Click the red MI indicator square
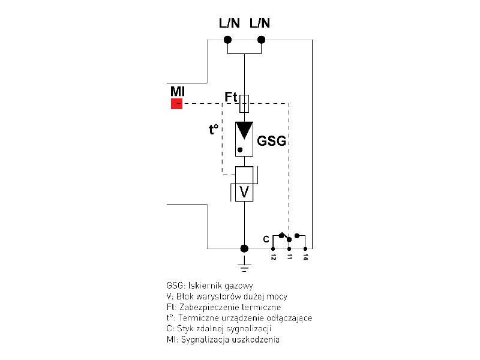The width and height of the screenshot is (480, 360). pyautogui.click(x=176, y=104)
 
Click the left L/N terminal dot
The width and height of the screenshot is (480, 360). pyautogui.click(x=227, y=40)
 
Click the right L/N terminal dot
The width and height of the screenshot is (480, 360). pyautogui.click(x=261, y=40)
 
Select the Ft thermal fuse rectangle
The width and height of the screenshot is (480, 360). pyautogui.click(x=244, y=104)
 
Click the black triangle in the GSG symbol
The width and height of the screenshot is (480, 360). pyautogui.click(x=244, y=130)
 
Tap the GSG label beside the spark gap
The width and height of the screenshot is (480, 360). pyautogui.click(x=271, y=142)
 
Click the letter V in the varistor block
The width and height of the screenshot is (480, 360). pyautogui.click(x=244, y=192)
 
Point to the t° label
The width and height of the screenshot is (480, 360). pyautogui.click(x=213, y=128)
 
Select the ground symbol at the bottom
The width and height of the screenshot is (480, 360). pyautogui.click(x=244, y=265)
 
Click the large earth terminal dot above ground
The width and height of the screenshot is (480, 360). pyautogui.click(x=244, y=248)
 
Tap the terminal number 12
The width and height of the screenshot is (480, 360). pyautogui.click(x=274, y=257)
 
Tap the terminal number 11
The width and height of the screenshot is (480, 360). pyautogui.click(x=289, y=257)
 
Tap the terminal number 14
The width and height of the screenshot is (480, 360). pyautogui.click(x=305, y=257)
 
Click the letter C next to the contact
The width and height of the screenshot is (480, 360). pyautogui.click(x=266, y=239)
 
